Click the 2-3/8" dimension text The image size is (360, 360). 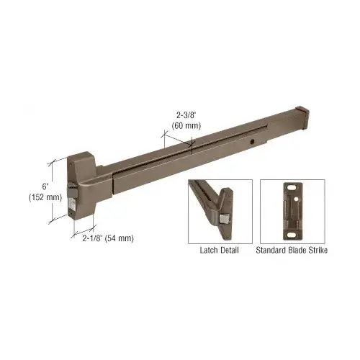point(186,115)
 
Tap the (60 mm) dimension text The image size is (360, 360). point(186,125)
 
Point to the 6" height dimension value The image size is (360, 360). point(45,186)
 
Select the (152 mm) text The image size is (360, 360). point(45,197)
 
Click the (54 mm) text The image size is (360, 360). point(120,238)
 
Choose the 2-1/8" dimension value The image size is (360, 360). point(93,238)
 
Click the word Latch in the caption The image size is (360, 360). point(208,251)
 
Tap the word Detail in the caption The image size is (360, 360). point(228,251)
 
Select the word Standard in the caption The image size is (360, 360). point(270,251)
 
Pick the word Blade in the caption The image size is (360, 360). point(295,251)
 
